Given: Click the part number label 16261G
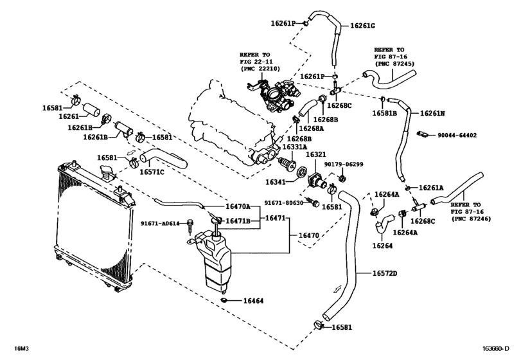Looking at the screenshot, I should click(x=363, y=26).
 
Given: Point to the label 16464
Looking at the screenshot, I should click(x=255, y=300).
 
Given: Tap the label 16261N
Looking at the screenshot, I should click(x=432, y=113).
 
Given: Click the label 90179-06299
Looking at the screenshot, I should click(x=344, y=164).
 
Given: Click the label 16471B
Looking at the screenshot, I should click(x=238, y=221).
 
